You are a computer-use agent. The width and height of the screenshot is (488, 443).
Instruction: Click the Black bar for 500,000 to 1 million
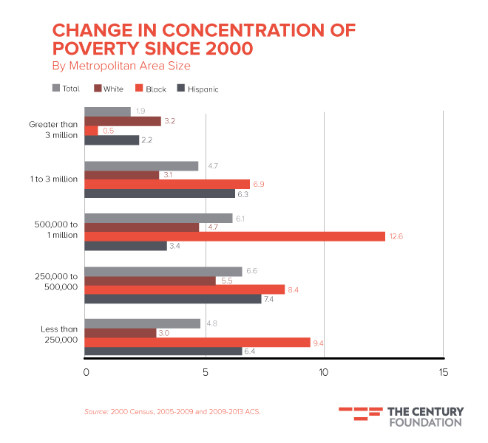(x=234, y=236)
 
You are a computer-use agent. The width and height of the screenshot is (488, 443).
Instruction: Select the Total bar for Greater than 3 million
(x=108, y=111)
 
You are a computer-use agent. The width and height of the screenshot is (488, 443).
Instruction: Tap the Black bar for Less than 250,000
(x=197, y=343)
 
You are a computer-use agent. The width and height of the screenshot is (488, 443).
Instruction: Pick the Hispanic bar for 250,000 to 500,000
(x=173, y=300)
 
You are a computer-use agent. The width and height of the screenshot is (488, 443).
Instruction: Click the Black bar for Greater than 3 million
(x=92, y=131)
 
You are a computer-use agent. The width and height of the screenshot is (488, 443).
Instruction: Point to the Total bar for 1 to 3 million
(x=142, y=166)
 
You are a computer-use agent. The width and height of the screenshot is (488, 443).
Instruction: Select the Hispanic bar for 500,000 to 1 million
(x=126, y=246)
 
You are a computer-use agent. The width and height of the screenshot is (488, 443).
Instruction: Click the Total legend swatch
(x=56, y=89)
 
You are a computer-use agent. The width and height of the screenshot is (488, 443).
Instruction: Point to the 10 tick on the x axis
(x=323, y=372)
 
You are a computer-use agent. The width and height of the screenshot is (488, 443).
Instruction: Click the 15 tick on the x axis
(x=442, y=372)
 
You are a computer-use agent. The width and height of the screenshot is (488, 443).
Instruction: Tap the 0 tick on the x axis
(x=86, y=372)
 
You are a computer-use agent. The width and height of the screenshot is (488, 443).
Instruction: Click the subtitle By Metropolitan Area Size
(x=121, y=66)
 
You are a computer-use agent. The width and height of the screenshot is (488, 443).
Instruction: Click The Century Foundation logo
(x=401, y=416)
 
